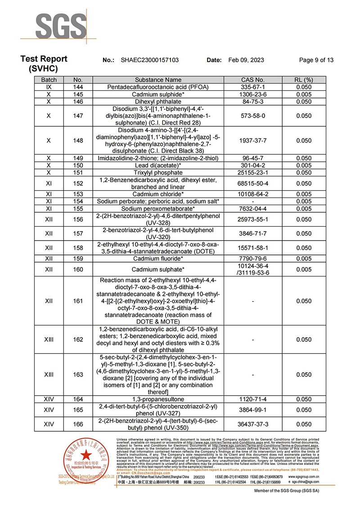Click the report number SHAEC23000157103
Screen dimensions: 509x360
[x=150, y=60]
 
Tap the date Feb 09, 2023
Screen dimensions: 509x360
[x=246, y=60]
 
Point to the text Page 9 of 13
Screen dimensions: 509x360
[x=316, y=60]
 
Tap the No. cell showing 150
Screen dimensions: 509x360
[x=78, y=165]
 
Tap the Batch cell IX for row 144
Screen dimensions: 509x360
[x=49, y=87]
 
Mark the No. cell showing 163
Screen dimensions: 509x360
[x=78, y=375]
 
